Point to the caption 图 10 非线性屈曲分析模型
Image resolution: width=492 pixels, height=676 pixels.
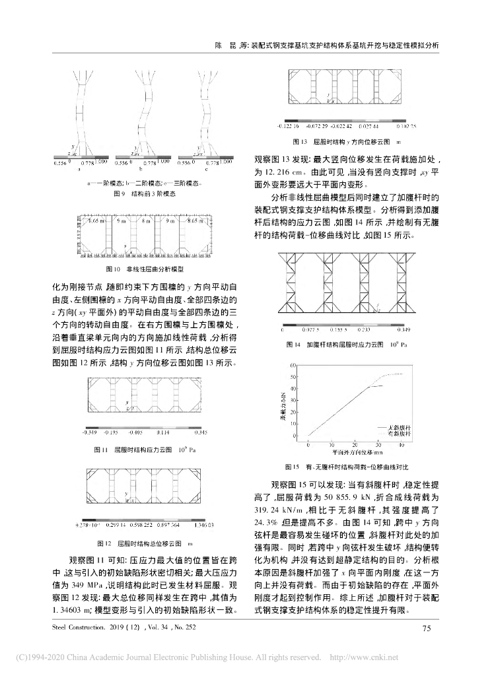coord(145,269)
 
